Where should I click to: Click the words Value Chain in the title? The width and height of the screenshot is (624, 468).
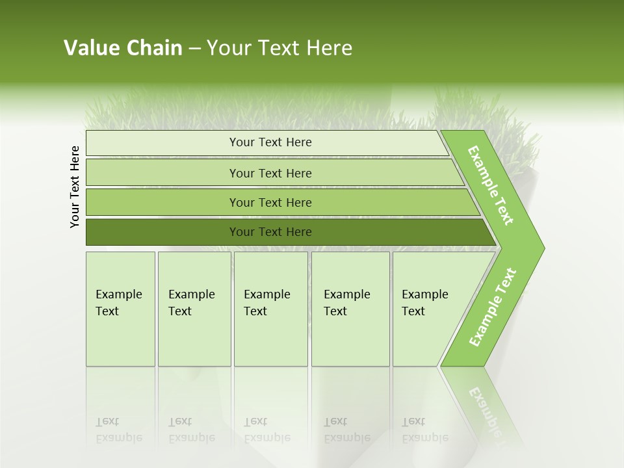click(123, 48)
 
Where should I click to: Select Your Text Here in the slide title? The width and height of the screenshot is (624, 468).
click(279, 48)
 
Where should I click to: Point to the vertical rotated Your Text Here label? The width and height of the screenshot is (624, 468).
click(75, 187)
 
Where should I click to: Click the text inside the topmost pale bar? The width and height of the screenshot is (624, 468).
click(270, 142)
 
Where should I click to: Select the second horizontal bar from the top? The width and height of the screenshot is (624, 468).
click(270, 173)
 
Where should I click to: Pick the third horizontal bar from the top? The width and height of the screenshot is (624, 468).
click(270, 202)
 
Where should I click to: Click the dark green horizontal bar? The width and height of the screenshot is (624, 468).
click(270, 232)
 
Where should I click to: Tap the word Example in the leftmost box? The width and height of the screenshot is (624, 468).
click(118, 294)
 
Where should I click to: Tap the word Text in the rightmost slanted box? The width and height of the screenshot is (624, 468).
click(413, 311)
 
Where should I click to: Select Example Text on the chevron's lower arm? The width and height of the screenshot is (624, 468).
click(493, 307)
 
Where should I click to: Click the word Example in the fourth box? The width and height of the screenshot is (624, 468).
click(346, 294)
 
